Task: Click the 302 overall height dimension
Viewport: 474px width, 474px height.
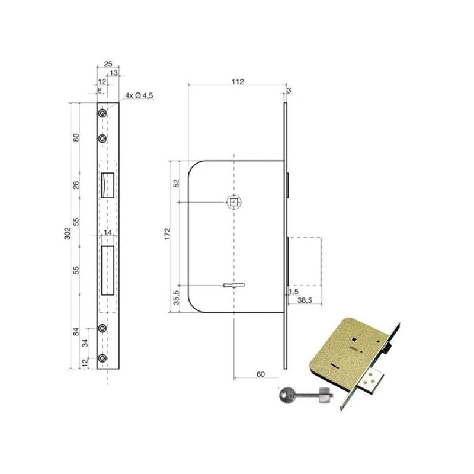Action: [67, 233]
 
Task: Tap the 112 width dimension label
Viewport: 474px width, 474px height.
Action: [238, 82]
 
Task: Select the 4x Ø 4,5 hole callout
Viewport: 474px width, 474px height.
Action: [139, 95]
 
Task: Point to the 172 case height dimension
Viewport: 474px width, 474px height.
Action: [168, 234]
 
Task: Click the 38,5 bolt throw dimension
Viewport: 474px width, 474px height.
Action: [305, 300]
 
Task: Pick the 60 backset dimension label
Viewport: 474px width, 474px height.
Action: [261, 374]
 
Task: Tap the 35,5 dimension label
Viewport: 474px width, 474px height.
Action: [176, 297]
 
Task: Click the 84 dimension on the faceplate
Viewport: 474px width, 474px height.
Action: [76, 332]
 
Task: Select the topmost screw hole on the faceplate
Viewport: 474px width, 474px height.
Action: [103, 113]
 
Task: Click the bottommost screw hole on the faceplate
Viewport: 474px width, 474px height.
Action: [103, 358]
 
